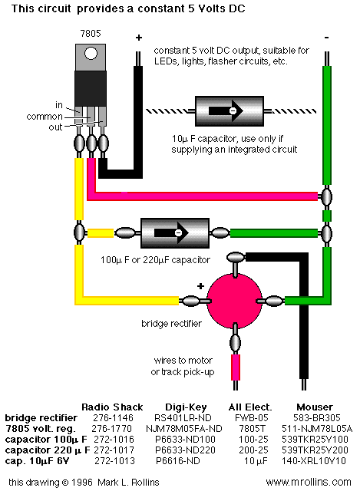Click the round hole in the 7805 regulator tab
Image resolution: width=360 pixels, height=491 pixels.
(91, 53)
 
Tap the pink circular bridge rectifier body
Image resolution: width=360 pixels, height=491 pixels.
(235, 301)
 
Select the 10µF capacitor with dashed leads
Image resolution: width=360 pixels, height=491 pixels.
(230, 110)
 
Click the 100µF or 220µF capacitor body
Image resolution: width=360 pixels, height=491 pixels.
(175, 233)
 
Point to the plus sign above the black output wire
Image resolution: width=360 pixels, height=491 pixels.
(139, 38)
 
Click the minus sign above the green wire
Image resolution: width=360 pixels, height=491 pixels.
(326, 38)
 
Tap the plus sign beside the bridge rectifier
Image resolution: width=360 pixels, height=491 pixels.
(200, 285)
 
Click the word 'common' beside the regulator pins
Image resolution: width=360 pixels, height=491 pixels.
(45, 117)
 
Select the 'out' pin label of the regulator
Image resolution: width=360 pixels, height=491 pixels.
(55, 127)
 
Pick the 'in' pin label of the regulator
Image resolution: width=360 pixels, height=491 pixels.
(59, 105)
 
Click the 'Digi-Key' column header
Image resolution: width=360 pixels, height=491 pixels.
(186, 407)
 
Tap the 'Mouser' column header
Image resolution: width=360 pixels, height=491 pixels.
(315, 407)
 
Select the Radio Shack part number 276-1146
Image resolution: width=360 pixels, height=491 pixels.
(113, 417)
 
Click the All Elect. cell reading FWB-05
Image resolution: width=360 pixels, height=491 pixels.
(252, 417)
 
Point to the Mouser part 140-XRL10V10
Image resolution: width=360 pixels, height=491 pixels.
(314, 461)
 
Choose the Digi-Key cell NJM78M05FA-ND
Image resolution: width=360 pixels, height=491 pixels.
(184, 428)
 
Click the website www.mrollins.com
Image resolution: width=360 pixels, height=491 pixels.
(309, 482)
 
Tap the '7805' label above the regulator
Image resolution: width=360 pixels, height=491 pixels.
(91, 34)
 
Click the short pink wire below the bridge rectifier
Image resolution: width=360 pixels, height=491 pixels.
(236, 367)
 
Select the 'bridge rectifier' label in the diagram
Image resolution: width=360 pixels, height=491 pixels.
(171, 323)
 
